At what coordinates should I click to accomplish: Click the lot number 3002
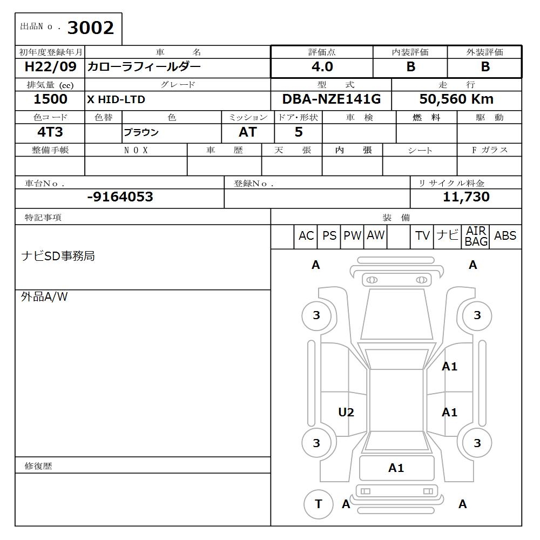[90, 28]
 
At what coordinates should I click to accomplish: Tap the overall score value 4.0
[322, 67]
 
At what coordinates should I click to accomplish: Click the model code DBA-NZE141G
[331, 99]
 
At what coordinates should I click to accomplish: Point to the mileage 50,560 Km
[456, 99]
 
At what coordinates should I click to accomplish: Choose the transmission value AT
[247, 132]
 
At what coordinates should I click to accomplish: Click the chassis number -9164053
[120, 197]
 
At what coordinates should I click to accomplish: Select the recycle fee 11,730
[466, 197]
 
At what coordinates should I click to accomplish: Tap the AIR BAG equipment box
[476, 237]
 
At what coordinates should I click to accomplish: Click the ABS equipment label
[505, 236]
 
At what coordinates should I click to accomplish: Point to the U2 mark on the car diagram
[346, 413]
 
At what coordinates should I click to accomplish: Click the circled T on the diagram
[318, 504]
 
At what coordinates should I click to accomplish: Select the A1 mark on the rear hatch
[396, 468]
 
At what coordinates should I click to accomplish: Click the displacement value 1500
[50, 99]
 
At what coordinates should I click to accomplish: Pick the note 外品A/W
[44, 297]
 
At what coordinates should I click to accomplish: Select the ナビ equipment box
[447, 236]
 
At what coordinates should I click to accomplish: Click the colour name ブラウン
[141, 132]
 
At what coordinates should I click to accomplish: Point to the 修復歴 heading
[38, 466]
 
